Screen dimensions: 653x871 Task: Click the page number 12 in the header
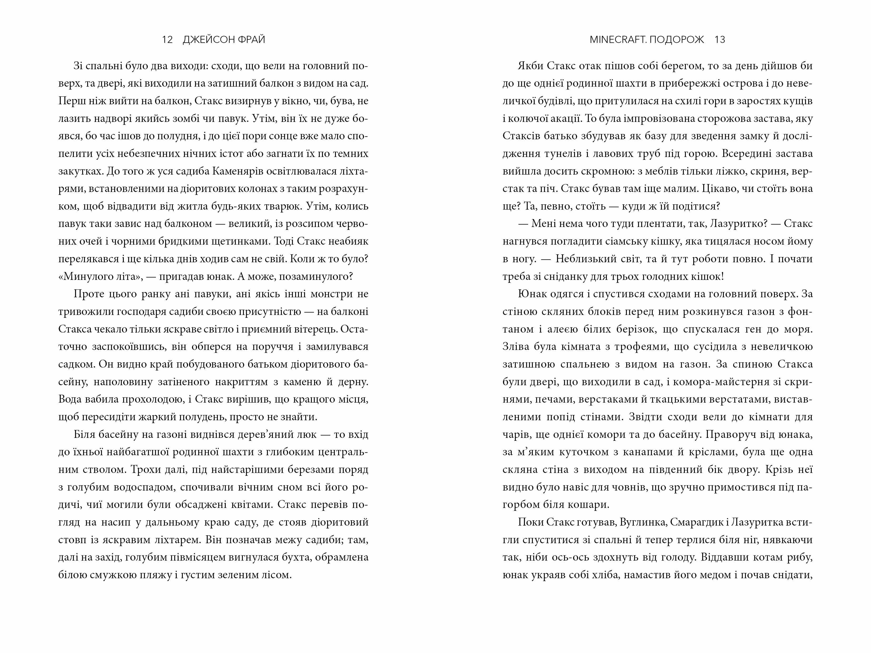click(167, 39)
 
